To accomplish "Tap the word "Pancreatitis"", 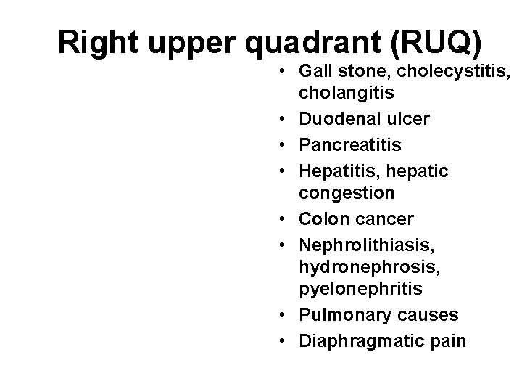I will point(349,145).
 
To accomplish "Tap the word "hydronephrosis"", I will point(361,266).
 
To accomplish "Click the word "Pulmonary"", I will point(340,314).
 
